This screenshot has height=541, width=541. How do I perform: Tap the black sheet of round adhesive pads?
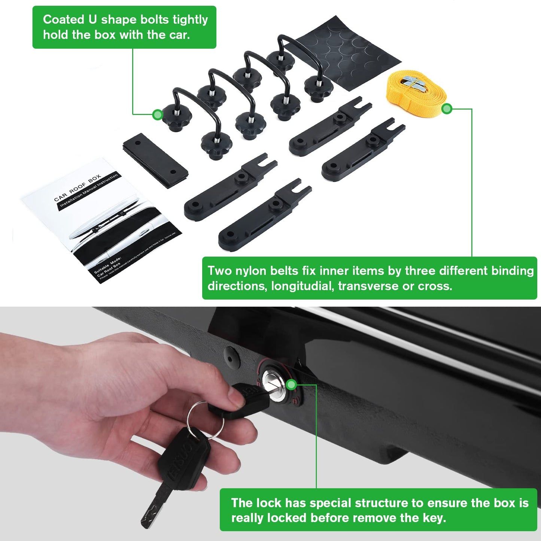pyautogui.click(x=348, y=52)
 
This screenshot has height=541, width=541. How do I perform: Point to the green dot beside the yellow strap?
pyautogui.click(x=447, y=109)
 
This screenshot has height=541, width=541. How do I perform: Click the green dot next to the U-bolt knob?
pyautogui.click(x=158, y=114)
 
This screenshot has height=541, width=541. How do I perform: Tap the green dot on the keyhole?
pyautogui.click(x=291, y=385)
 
